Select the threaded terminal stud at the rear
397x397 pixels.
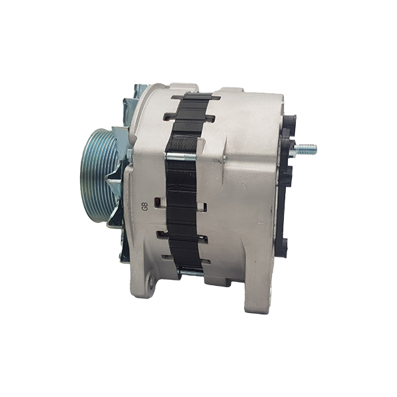pos(306,149)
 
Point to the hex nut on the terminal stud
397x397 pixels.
pos(293,150)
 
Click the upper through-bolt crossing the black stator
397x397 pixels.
pos(181,156)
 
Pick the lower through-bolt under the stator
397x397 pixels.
pos(191,273)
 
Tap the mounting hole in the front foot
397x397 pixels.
pos(152,281)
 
